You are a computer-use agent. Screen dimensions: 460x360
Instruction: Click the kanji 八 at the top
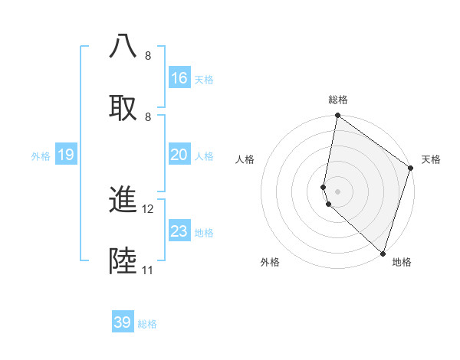(x=123, y=47)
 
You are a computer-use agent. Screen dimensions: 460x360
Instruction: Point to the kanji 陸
(x=123, y=261)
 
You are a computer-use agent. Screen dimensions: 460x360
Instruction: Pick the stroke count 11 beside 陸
(x=148, y=270)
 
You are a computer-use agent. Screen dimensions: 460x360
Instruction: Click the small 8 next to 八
(x=148, y=56)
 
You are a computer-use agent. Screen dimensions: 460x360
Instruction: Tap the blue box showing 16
(x=179, y=77)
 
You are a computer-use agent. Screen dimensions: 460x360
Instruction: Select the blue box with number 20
(x=179, y=155)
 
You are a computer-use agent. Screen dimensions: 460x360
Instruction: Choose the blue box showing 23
(x=179, y=231)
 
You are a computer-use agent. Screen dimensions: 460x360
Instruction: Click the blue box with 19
(x=66, y=155)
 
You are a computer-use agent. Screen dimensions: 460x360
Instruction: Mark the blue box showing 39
(x=123, y=322)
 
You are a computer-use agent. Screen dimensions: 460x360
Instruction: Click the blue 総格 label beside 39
(x=147, y=324)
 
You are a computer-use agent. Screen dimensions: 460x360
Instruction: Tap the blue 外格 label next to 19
(x=41, y=156)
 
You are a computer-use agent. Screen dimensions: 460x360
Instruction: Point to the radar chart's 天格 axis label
(x=431, y=159)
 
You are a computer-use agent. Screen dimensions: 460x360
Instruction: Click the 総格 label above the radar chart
(x=338, y=100)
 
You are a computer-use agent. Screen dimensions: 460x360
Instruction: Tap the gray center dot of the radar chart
(x=338, y=191)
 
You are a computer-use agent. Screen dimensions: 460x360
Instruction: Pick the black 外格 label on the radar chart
(x=270, y=262)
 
